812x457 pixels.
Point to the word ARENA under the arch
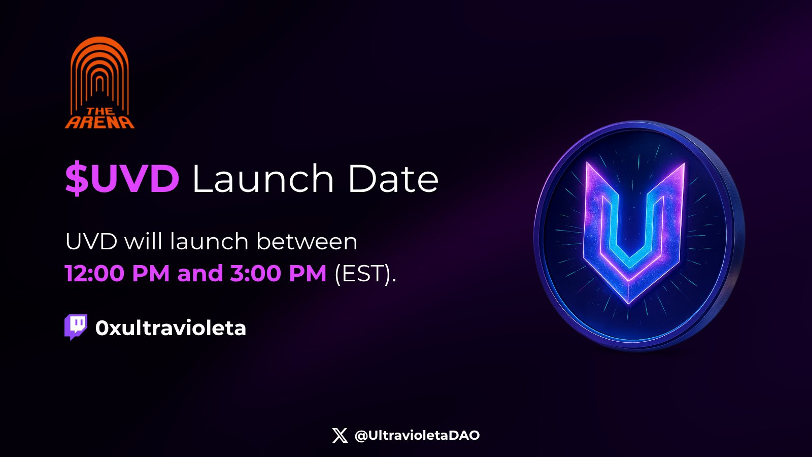pyautogui.click(x=99, y=122)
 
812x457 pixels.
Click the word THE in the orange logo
pyautogui.click(x=100, y=111)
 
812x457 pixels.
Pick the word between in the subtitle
pyautogui.click(x=307, y=241)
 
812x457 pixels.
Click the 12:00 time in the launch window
pyautogui.click(x=95, y=273)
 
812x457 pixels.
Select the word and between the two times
pyautogui.click(x=200, y=273)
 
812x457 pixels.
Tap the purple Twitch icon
pyautogui.click(x=76, y=327)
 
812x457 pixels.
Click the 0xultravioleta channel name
pyautogui.click(x=171, y=328)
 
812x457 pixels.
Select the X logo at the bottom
pyautogui.click(x=340, y=435)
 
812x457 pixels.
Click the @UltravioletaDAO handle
pyautogui.click(x=417, y=435)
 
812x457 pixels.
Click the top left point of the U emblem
pyautogui.click(x=587, y=162)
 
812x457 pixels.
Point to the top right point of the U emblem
pyautogui.click(x=685, y=163)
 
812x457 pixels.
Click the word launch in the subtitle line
pyautogui.click(x=209, y=241)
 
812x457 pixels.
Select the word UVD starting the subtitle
pyautogui.click(x=91, y=242)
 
